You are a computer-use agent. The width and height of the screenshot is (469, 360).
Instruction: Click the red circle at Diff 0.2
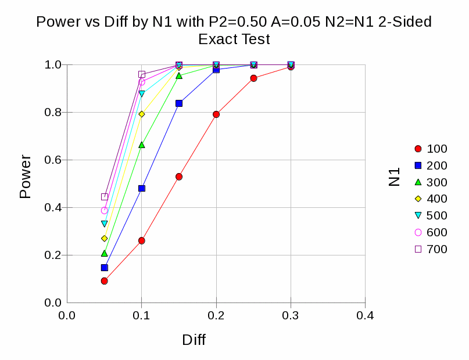tap(216, 114)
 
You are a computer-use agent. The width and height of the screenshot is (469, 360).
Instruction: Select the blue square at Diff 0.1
tap(142, 188)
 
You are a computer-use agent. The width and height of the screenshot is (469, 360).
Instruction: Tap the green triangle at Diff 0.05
tap(105, 253)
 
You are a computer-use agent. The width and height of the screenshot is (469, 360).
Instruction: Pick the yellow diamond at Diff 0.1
tap(142, 114)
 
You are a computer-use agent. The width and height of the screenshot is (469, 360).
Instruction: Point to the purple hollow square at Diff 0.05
tap(105, 197)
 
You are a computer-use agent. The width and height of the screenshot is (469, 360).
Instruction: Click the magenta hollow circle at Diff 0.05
tap(105, 210)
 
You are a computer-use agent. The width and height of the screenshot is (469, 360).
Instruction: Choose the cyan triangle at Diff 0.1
tap(142, 93)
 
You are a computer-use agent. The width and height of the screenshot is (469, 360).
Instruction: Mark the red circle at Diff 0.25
tap(254, 78)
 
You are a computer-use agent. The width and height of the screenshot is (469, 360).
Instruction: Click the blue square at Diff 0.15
tap(179, 103)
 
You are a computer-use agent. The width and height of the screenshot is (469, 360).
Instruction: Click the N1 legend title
tap(395, 177)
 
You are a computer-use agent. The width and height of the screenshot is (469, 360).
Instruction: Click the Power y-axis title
tap(25, 177)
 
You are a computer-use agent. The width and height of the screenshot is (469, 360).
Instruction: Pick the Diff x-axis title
tap(194, 340)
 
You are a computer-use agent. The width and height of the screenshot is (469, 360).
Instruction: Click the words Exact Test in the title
tap(234, 39)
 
